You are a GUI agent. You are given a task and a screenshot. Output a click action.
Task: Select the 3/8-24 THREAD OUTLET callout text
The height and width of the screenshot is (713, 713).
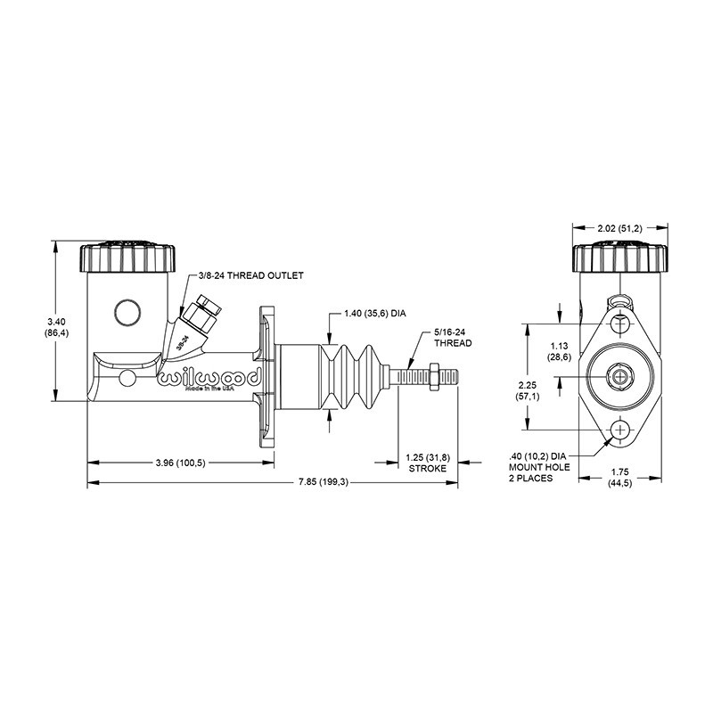(x=252, y=275)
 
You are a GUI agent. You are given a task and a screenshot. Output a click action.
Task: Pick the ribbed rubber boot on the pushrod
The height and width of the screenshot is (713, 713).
(x=356, y=375)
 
